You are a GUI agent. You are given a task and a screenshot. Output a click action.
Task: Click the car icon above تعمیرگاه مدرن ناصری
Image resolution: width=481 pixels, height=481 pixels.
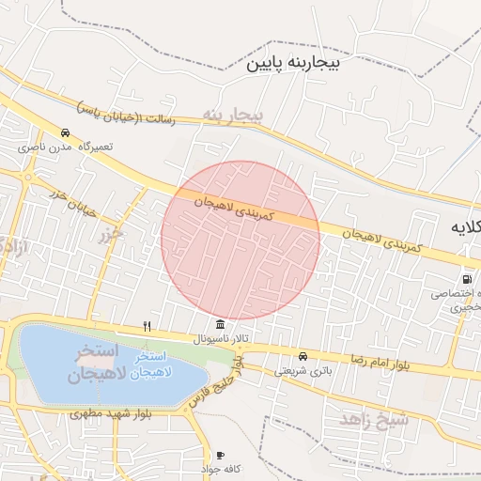coord(65,133)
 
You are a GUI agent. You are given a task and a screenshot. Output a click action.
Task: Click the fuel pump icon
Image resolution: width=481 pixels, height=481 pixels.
coord(467,279)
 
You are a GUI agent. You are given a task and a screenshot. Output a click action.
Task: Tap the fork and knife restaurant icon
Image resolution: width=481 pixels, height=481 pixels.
coord(146,326)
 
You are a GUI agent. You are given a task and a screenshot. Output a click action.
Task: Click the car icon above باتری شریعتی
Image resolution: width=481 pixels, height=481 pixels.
coord(303,357)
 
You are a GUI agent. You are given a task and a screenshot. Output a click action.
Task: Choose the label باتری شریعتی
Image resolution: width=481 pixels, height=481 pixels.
coord(303,371)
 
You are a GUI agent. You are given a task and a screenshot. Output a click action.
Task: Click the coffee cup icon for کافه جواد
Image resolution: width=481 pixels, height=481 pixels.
coord(220,455)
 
